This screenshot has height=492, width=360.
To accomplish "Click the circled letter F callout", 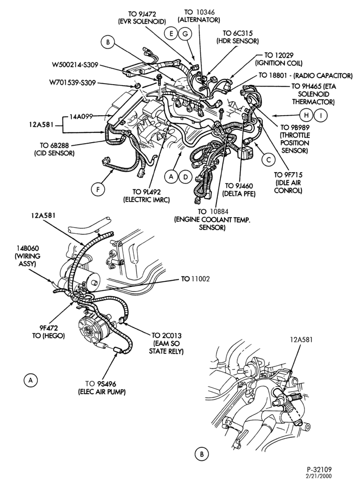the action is point(98,189).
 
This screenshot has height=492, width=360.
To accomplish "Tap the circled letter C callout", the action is point(269,160).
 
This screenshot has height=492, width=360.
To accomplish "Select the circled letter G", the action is point(185,33).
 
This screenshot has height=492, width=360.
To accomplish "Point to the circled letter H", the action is point(306,116).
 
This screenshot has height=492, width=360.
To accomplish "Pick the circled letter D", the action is point(185,177).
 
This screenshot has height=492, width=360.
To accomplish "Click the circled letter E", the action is point(171,33).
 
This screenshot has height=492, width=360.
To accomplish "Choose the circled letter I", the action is point(321,116).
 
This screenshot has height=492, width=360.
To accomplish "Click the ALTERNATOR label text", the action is point(199,20).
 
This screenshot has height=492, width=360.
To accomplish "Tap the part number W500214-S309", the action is point(75,65).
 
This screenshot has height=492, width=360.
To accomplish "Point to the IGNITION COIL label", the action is point(279,63).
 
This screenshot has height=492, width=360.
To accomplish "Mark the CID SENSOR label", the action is point(57,153).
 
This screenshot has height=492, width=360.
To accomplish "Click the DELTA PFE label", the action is point(239,194).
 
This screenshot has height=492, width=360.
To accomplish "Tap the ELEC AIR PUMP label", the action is point(102,392).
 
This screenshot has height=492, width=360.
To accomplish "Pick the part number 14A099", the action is point(81,117).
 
